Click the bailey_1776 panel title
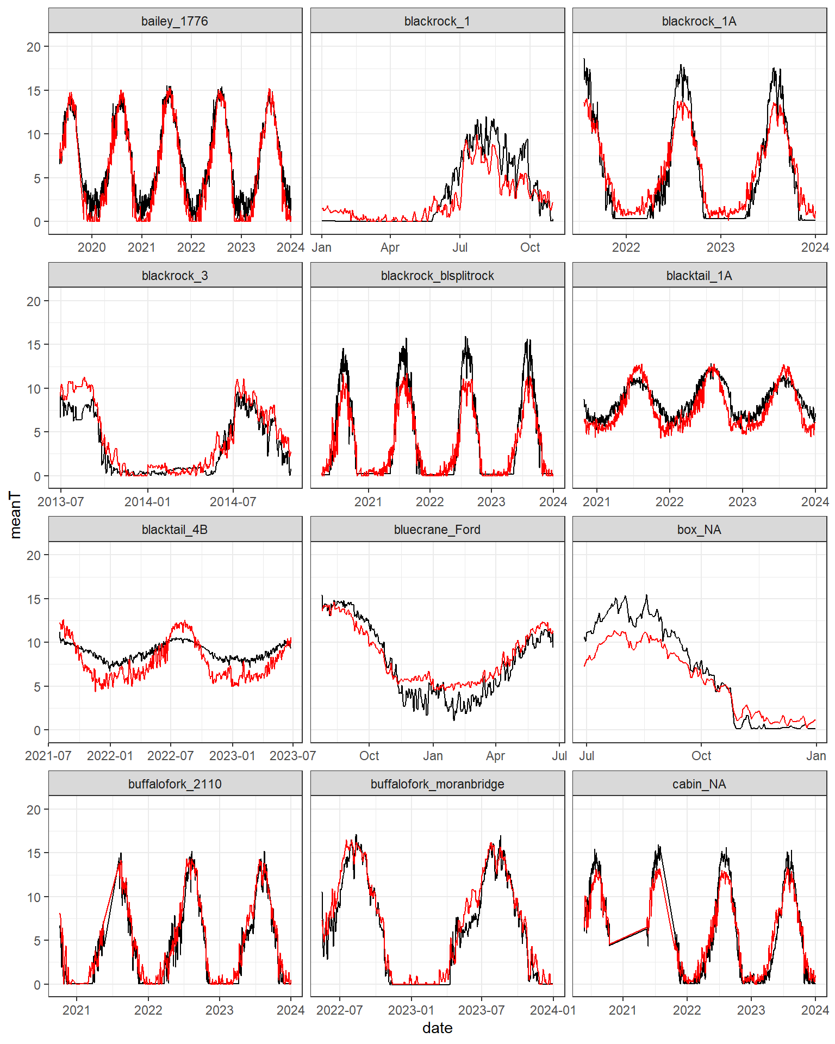175,21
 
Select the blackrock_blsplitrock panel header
437,276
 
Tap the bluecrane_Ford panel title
437,530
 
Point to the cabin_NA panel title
699,784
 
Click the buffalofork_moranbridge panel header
437,784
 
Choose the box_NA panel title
699,530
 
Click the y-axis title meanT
15,515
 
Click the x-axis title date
437,1028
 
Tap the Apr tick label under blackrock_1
390,247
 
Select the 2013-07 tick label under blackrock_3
60,502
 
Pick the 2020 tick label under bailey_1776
91,247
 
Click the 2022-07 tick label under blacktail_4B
171,756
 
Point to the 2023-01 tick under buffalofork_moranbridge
411,1010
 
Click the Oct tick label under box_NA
701,756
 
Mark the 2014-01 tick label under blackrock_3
147,502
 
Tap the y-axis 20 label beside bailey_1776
34,47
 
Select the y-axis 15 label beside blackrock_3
34,345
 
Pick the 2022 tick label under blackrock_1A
626,247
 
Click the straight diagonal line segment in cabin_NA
628,936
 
